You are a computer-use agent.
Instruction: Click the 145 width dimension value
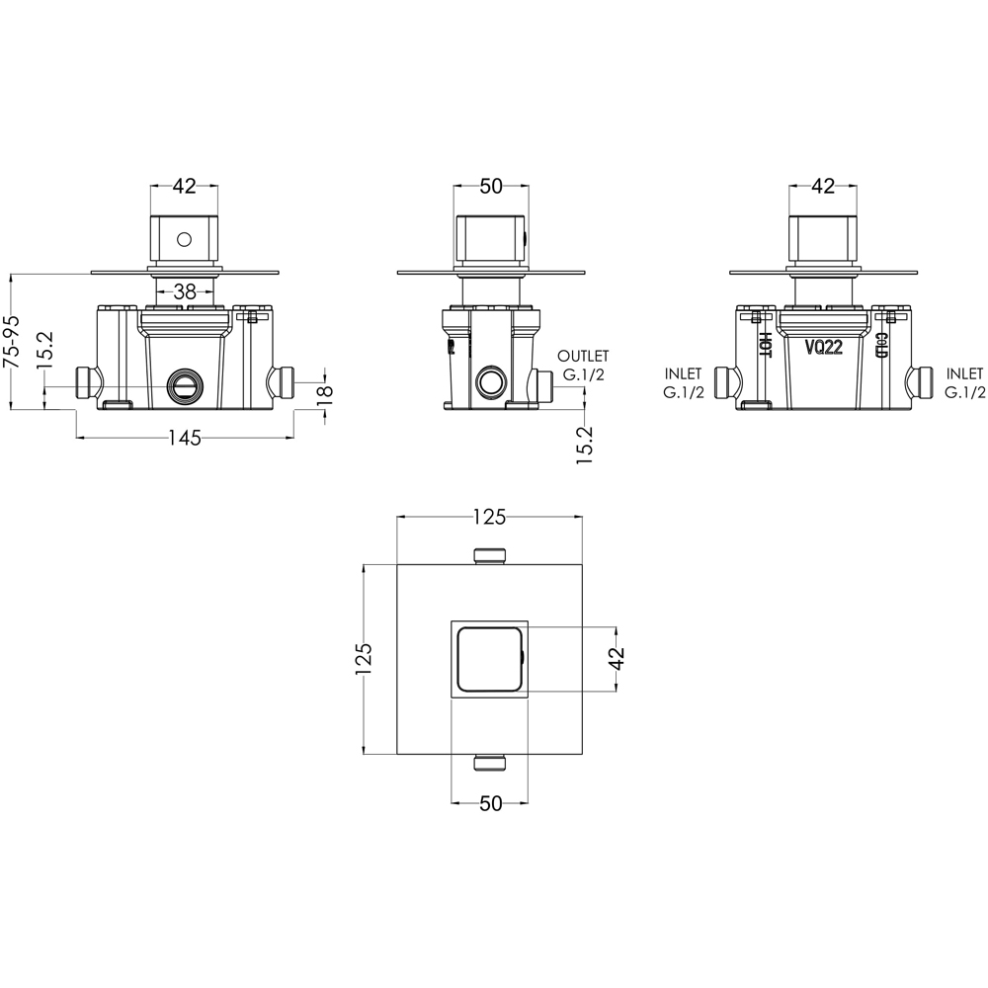[x=185, y=438]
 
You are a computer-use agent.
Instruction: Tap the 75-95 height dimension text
[x=12, y=341]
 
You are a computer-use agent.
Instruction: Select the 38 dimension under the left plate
[x=185, y=291]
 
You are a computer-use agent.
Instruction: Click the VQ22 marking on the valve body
[x=824, y=347]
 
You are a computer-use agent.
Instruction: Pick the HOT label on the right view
[x=766, y=345]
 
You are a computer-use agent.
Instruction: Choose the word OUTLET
[x=583, y=357]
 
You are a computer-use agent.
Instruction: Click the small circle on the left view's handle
[x=184, y=239]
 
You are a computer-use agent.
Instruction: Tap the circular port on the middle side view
[x=490, y=381]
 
